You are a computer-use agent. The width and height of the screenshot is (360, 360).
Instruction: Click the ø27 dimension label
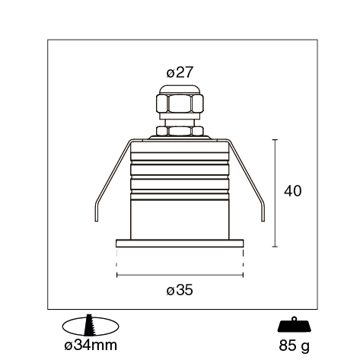pos(180,72)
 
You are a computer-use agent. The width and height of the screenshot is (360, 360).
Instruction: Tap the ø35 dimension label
pos(180,290)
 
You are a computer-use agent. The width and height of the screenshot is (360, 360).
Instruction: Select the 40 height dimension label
pos(293,191)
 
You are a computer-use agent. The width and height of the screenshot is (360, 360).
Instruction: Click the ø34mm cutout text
pos(91,346)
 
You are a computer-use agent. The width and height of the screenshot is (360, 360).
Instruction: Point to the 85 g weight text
pos(295,346)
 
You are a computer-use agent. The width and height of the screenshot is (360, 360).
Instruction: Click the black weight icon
pos(295,324)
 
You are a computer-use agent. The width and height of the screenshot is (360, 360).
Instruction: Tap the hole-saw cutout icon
pos(91,326)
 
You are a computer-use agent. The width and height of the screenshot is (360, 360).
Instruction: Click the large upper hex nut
pos(180,104)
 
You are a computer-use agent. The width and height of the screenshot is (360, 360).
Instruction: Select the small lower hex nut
pos(180,131)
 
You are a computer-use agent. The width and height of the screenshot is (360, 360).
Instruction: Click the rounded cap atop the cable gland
pos(180,90)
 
